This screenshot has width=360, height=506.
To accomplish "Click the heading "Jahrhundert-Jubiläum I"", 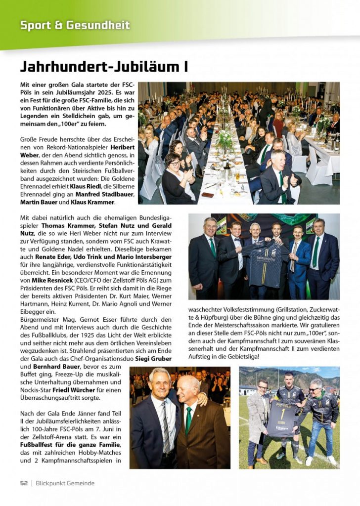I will pos(103,66).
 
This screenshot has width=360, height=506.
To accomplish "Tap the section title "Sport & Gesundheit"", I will pos(75,25).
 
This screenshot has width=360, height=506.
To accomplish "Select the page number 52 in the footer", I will pos(24,483).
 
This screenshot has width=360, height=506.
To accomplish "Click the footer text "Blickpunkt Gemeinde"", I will pos(65,483).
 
